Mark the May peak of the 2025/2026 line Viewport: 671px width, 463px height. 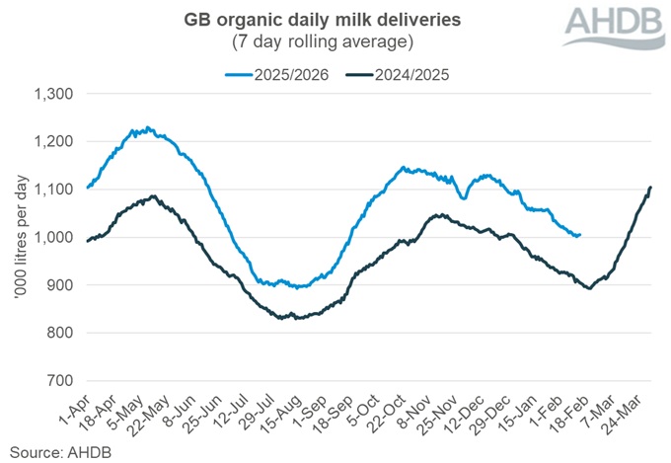coord(147,127)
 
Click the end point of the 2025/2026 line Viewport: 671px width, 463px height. coord(580,234)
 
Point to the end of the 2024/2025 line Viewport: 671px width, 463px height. coord(651,187)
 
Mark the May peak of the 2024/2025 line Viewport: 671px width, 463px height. coord(152,195)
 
